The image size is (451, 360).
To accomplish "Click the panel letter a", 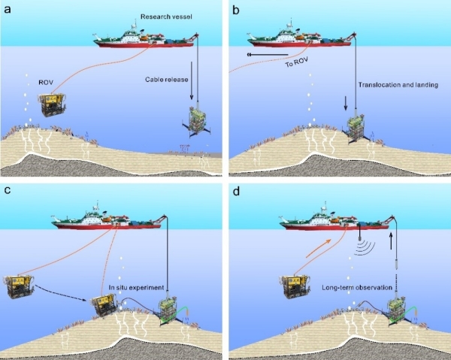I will point(10,10).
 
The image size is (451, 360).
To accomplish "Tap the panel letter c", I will point(10,189).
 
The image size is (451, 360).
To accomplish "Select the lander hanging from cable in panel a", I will point(196,121).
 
